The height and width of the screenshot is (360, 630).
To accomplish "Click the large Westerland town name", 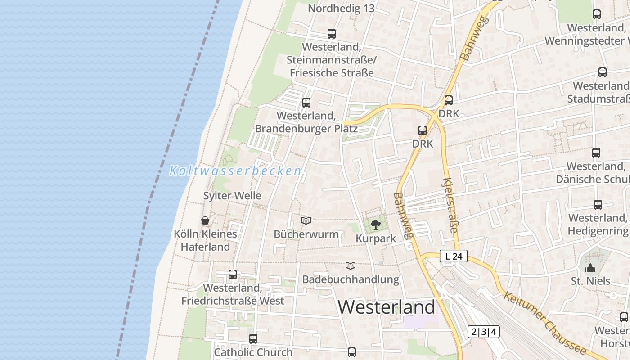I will (x=386, y=307).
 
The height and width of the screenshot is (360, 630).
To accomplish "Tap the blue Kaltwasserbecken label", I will (x=235, y=171).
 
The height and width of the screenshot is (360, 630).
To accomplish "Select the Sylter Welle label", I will (x=232, y=196).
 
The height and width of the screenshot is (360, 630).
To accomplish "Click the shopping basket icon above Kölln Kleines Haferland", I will (x=205, y=220).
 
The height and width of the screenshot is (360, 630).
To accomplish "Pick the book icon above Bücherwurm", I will (x=306, y=220).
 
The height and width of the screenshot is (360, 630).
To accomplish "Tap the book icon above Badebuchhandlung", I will (x=351, y=265).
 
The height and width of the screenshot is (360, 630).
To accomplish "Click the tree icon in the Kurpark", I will (x=375, y=224).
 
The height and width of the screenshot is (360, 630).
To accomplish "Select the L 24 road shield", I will (x=454, y=256).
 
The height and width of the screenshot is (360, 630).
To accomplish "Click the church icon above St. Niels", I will (x=590, y=268).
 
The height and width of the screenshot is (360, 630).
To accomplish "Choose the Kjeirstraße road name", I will (x=450, y=206).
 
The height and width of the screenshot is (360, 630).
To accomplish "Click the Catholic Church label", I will (x=253, y=352).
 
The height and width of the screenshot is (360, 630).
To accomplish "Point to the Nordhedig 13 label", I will (x=341, y=9).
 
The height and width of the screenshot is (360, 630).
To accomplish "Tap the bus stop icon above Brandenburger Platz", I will (x=306, y=102).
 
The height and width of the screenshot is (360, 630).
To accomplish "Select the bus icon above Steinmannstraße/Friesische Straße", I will (x=332, y=33).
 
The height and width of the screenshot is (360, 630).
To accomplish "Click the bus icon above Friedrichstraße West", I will (x=233, y=274).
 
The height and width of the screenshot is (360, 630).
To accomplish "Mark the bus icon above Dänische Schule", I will (x=596, y=153).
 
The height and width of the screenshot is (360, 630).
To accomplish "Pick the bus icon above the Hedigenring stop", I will (x=598, y=205).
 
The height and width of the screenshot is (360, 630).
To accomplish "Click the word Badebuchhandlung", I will (x=351, y=279).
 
